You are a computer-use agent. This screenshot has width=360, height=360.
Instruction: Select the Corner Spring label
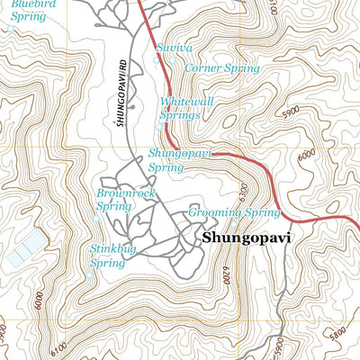point(221,67)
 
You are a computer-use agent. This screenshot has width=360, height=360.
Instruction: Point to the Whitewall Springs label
point(186,108)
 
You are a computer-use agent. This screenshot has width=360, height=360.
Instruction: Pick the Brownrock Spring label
point(120,199)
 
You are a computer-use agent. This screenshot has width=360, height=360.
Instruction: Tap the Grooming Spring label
point(235,213)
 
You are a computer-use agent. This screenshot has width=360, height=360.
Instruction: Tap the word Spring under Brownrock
point(113,206)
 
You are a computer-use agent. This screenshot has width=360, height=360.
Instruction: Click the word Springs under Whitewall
point(179,114)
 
